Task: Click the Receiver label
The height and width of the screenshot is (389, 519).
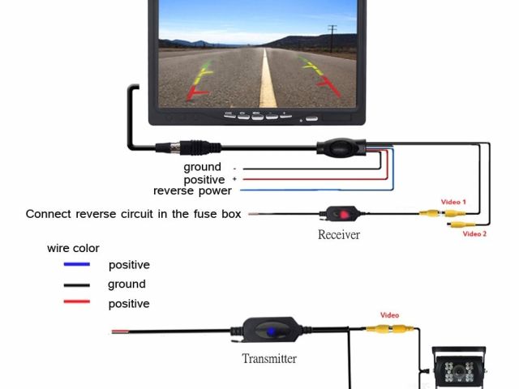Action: pyautogui.click(x=338, y=235)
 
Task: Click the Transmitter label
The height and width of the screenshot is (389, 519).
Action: pyautogui.click(x=269, y=358)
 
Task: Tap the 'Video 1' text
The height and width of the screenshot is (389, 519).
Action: pyautogui.click(x=453, y=202)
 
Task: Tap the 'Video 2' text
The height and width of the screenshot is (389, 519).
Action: pyautogui.click(x=474, y=234)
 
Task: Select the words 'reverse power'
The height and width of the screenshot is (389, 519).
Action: pyautogui.click(x=192, y=191)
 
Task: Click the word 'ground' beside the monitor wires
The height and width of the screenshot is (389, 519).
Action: pyautogui.click(x=202, y=168)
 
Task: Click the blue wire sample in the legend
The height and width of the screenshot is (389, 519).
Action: pyautogui.click(x=77, y=265)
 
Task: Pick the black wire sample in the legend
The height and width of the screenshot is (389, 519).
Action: pyautogui.click(x=77, y=285)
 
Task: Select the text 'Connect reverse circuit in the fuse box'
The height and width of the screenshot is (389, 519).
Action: pyautogui.click(x=133, y=215)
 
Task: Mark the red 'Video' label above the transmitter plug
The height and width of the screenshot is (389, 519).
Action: pyautogui.click(x=390, y=315)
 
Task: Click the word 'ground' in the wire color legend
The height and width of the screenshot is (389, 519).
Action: pyautogui.click(x=127, y=284)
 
